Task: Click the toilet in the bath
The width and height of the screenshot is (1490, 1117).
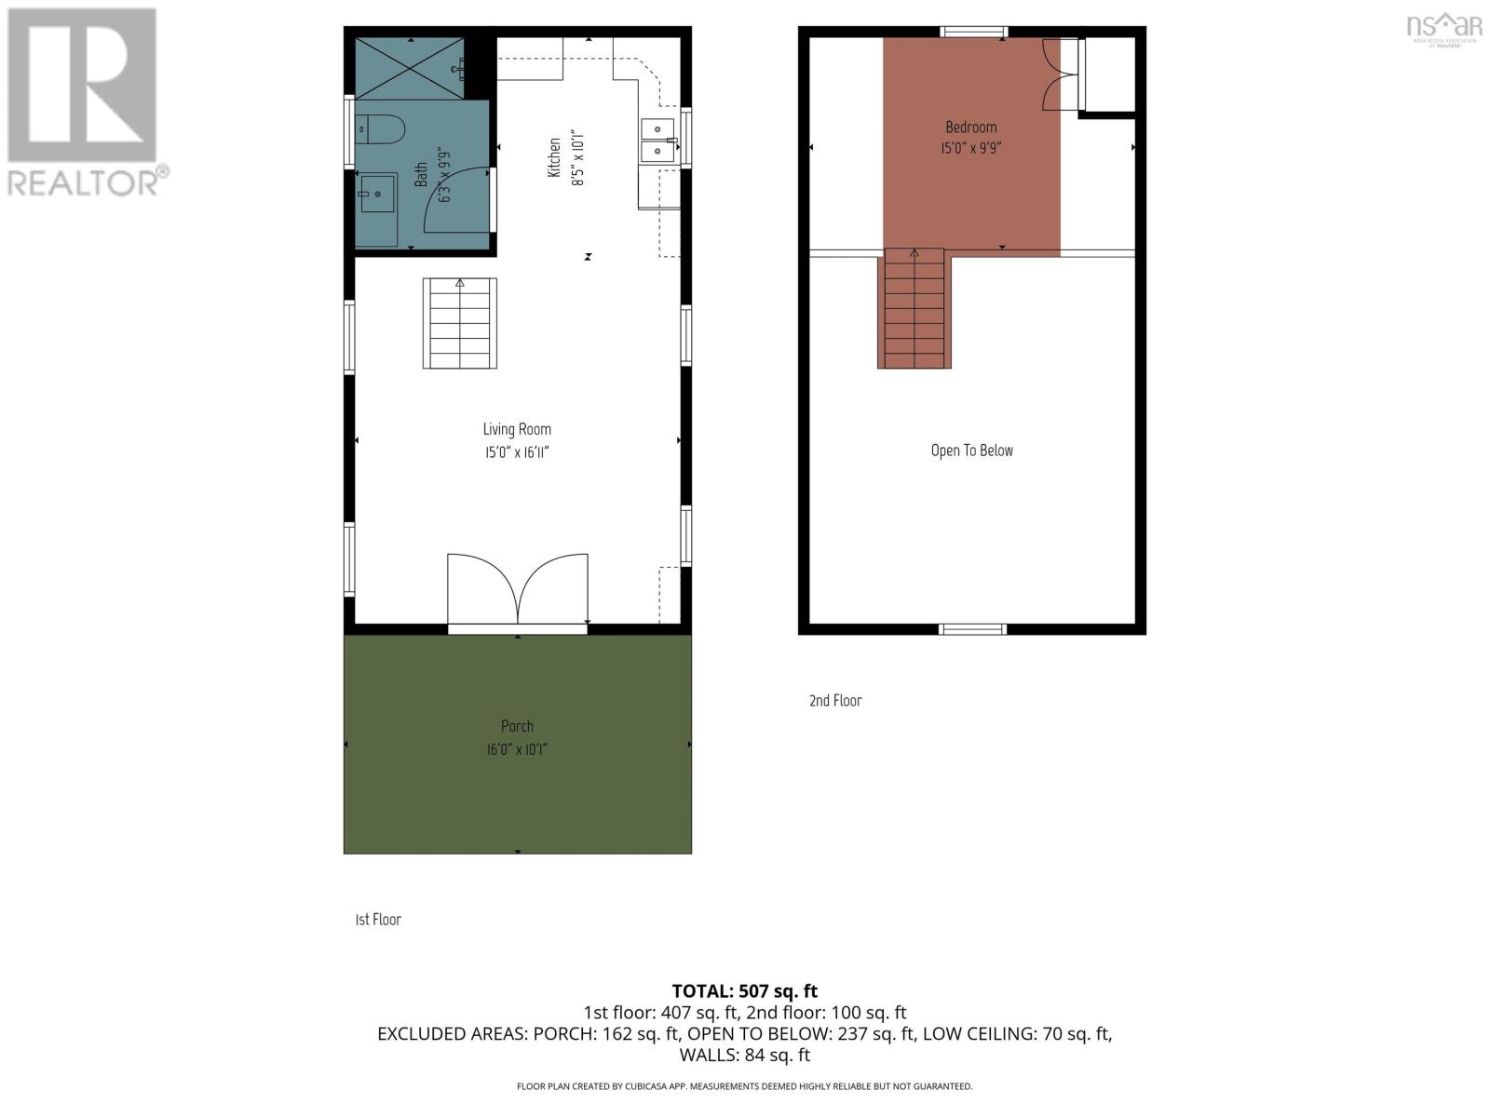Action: pyautogui.click(x=380, y=128)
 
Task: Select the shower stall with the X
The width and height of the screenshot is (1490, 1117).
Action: pyautogui.click(x=410, y=67)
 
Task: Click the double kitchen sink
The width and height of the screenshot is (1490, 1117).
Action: pyautogui.click(x=657, y=140)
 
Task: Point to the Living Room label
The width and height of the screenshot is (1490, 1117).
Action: pyautogui.click(x=517, y=429)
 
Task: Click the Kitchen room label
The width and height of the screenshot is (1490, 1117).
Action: pyautogui.click(x=554, y=158)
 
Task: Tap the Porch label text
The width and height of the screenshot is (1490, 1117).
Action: pyautogui.click(x=517, y=726)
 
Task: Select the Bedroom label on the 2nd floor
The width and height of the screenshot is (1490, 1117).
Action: pyautogui.click(x=971, y=128)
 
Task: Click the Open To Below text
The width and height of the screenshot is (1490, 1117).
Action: pyautogui.click(x=971, y=451)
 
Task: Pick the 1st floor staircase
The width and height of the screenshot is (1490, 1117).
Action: pyautogui.click(x=460, y=323)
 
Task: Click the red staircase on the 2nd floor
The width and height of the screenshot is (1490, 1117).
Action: pyautogui.click(x=914, y=309)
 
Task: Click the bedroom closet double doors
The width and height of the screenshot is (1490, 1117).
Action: pyautogui.click(x=1060, y=75)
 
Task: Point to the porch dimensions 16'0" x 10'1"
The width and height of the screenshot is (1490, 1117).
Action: pyautogui.click(x=517, y=749)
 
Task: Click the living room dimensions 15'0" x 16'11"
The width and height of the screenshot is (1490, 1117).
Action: pyautogui.click(x=517, y=453)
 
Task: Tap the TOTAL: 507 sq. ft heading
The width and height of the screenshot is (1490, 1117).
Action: pyautogui.click(x=745, y=991)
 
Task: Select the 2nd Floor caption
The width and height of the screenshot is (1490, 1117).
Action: pyautogui.click(x=835, y=701)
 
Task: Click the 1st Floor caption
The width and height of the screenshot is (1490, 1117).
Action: pyautogui.click(x=378, y=920)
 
